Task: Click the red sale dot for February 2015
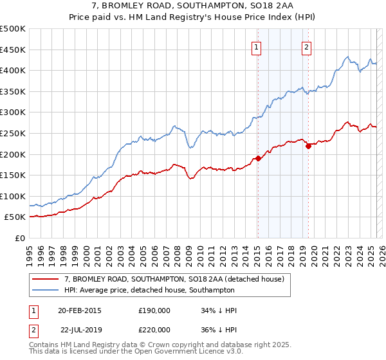[x=258, y=158]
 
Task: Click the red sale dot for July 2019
[x=308, y=146]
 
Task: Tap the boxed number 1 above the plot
[x=257, y=46]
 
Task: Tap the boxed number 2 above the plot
[x=307, y=46]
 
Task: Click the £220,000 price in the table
[x=154, y=328]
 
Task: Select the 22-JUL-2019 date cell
[x=81, y=328]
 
